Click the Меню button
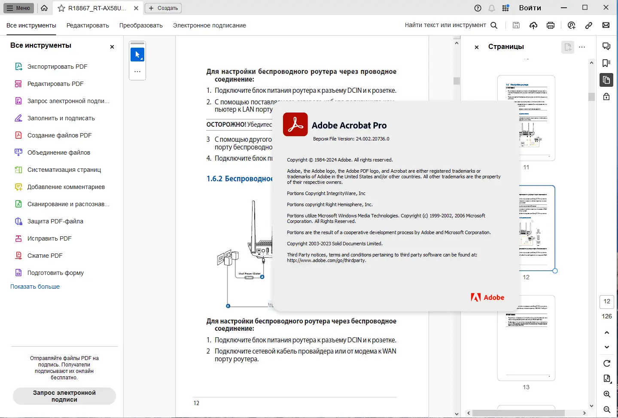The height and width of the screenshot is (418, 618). coord(18,8)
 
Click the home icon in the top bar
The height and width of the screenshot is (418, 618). coord(44,8)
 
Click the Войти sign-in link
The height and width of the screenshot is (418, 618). coord(530,8)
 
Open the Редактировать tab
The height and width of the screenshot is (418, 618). coord(88,25)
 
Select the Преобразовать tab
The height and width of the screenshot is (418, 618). coord(141,25)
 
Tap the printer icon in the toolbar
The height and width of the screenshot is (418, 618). coord(550,25)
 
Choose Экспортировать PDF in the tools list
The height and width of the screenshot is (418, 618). coord(57,67)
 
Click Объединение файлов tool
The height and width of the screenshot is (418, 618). coord(58,153)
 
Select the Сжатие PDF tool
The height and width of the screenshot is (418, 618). coord(45,256)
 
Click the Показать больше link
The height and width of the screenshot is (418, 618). coord(35,287)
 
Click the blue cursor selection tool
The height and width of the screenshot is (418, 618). coord(137,55)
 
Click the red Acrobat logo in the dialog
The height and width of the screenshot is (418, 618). coord(295,125)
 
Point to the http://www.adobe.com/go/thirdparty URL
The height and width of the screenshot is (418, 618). coord(326,260)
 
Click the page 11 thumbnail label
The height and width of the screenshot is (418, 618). coord(526,167)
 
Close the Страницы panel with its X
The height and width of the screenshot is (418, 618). coord(477,47)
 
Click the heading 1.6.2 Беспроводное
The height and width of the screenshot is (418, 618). coord(239,179)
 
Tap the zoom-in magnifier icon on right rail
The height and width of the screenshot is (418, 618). coord(606,394)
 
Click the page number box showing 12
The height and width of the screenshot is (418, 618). coord(606,302)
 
